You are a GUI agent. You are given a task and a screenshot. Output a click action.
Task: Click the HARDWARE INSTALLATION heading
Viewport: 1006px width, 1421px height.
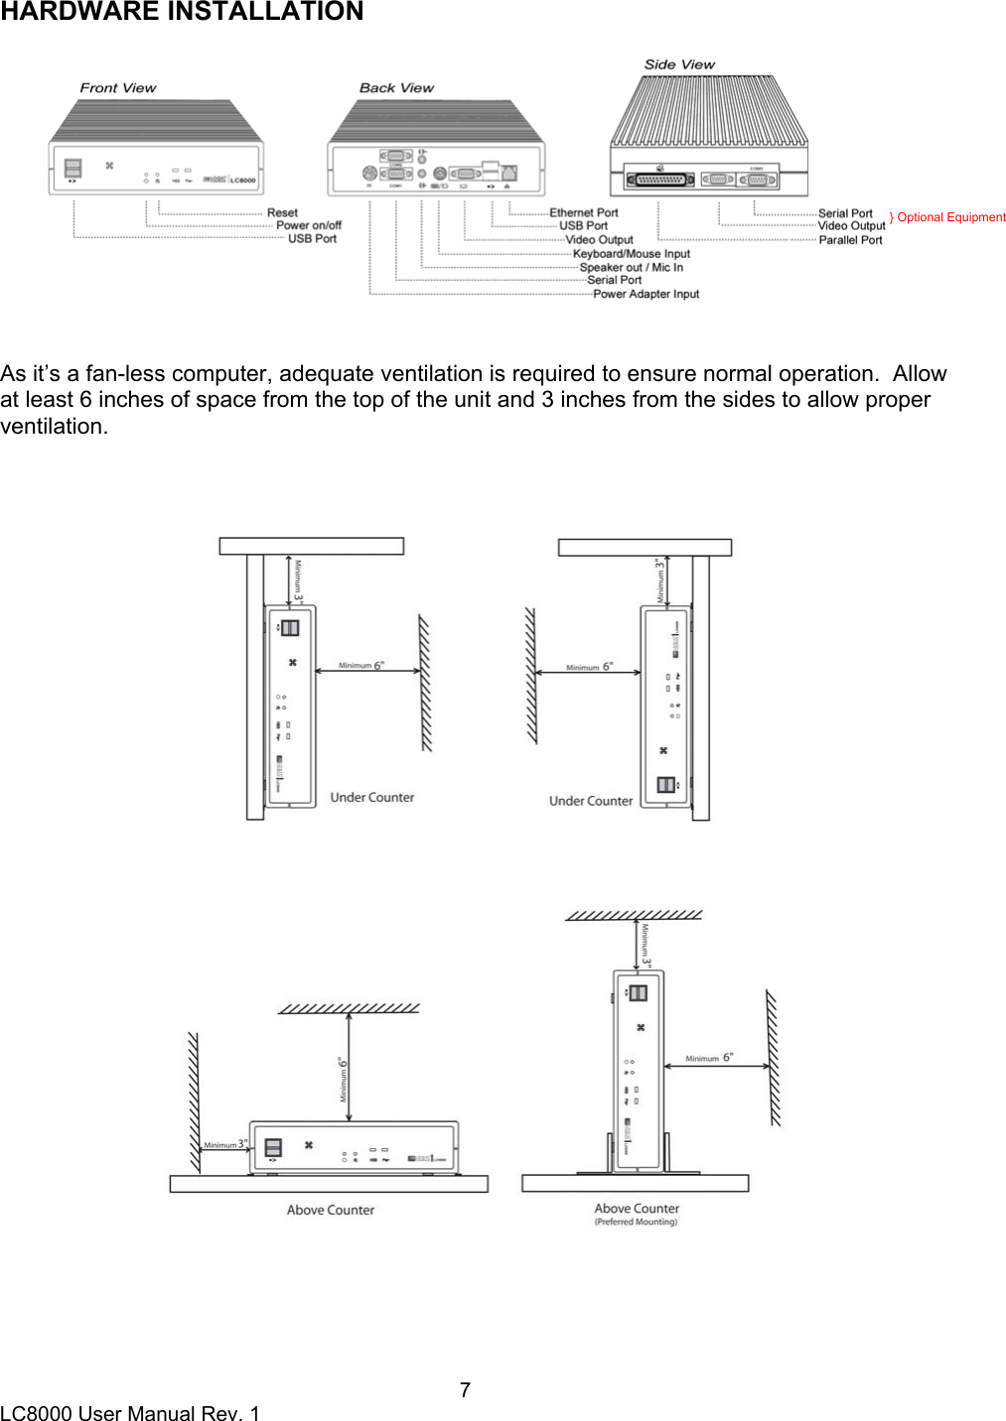click(x=182, y=12)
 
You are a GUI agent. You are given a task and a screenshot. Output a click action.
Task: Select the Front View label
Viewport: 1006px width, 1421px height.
click(x=118, y=88)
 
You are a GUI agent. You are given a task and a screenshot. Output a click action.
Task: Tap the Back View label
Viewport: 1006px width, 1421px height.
click(x=396, y=88)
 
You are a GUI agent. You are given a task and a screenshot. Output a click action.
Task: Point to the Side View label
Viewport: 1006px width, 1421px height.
click(x=679, y=65)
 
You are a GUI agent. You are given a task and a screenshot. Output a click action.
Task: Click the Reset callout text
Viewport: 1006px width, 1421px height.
click(x=282, y=213)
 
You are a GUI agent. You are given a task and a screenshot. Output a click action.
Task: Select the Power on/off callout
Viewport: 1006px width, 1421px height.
click(x=309, y=226)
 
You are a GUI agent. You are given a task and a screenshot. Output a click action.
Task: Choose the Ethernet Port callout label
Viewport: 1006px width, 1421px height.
click(x=584, y=213)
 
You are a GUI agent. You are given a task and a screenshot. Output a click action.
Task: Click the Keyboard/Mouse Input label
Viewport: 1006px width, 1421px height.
click(x=632, y=254)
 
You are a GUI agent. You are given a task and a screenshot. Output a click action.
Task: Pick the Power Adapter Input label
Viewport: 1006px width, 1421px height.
click(x=647, y=295)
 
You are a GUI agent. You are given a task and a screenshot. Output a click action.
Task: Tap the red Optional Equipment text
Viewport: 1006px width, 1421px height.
click(x=950, y=217)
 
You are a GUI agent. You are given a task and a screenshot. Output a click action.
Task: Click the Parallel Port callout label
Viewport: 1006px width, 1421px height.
click(x=850, y=240)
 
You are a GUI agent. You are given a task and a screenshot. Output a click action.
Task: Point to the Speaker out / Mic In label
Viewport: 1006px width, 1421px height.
click(x=632, y=268)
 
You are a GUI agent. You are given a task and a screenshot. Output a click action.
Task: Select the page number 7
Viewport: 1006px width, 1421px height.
click(x=465, y=1390)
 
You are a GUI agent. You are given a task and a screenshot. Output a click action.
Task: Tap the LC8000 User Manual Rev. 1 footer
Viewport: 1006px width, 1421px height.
click(x=130, y=1413)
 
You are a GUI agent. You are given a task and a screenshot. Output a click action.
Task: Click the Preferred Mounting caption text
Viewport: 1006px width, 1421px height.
click(x=636, y=1223)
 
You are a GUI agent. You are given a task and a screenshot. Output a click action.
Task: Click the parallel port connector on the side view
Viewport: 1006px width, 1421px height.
click(x=659, y=180)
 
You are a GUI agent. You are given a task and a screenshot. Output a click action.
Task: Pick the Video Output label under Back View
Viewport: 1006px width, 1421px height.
click(x=600, y=240)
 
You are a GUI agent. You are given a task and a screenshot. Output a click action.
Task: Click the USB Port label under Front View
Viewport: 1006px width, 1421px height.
click(x=312, y=239)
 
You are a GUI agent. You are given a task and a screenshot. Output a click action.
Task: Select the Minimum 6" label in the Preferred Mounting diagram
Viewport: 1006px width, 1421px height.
click(x=709, y=1059)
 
